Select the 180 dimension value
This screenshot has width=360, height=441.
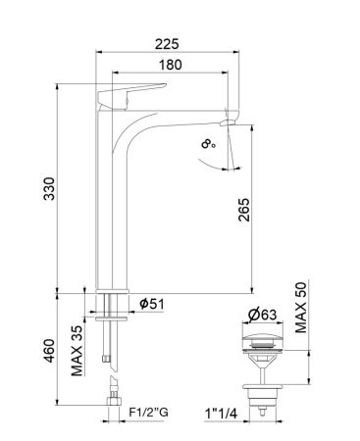click(x=173, y=65)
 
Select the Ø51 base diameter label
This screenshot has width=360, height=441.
click(x=150, y=303)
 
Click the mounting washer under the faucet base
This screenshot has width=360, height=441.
click(x=115, y=315)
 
